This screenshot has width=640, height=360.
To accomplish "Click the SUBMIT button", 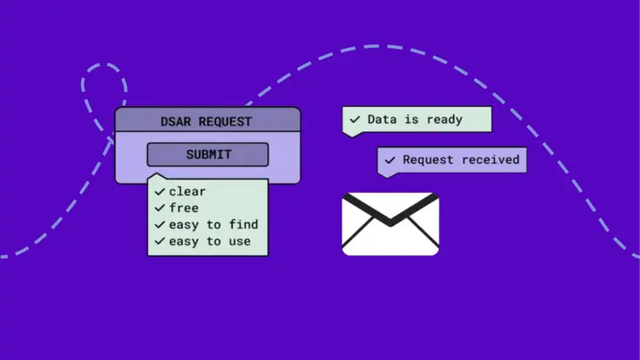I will [x=208, y=154].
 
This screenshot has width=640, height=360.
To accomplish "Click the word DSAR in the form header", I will [x=177, y=122].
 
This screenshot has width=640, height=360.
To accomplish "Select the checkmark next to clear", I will [x=160, y=192].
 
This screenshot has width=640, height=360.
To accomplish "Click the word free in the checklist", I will [x=183, y=208].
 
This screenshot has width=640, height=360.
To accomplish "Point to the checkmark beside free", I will [x=160, y=208].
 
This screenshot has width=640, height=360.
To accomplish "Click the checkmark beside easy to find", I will [x=160, y=225].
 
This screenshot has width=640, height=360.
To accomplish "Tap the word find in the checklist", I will [x=243, y=225].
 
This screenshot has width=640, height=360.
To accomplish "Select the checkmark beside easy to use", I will [x=160, y=241].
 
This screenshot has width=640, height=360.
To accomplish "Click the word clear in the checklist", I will [x=187, y=192].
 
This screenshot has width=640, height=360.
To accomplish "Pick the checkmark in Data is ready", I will [x=354, y=120].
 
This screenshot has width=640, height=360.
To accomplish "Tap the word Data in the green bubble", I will [x=381, y=119].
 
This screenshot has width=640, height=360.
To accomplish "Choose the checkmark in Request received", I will [x=390, y=161].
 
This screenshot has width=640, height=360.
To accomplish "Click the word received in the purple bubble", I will [x=486, y=160].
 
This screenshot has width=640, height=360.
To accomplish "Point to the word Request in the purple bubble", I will [x=426, y=160].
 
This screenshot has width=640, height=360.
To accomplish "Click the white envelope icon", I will [x=390, y=236].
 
